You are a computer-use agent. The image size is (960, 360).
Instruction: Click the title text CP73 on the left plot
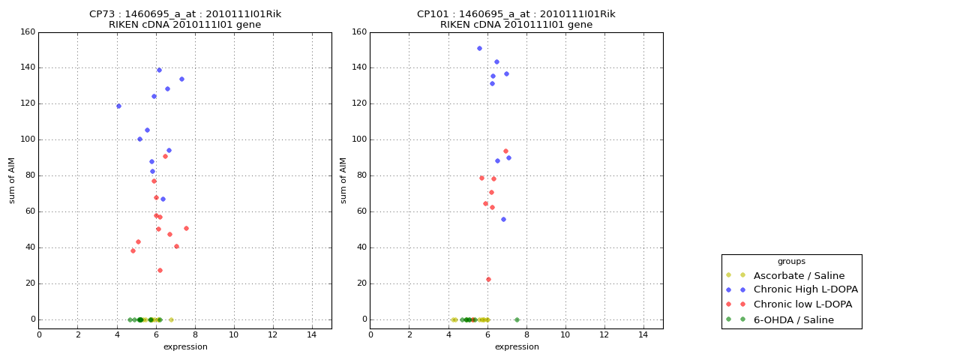(100, 14)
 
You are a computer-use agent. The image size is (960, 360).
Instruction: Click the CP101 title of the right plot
(433, 14)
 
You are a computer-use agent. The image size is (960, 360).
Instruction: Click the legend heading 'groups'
(791, 261)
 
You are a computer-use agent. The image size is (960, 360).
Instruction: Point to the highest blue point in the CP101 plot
(479, 48)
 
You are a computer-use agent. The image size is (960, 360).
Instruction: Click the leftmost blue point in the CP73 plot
(118, 106)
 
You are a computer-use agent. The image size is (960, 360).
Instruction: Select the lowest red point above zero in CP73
(160, 270)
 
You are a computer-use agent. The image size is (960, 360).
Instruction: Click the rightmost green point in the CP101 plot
(517, 319)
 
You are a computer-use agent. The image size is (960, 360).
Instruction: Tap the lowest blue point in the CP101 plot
(503, 219)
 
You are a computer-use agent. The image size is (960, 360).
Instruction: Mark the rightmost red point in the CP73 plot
(186, 228)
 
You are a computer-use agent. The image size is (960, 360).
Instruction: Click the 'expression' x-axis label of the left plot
(185, 346)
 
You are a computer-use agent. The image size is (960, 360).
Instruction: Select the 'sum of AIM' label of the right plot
(343, 180)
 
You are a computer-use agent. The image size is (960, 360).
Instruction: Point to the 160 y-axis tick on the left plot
(28, 32)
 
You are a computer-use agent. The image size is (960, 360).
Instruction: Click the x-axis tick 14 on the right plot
(643, 334)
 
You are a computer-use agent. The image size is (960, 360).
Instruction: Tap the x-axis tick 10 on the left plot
(234, 334)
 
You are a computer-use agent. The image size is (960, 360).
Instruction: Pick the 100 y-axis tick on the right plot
(359, 139)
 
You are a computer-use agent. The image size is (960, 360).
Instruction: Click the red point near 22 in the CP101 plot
(488, 279)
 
